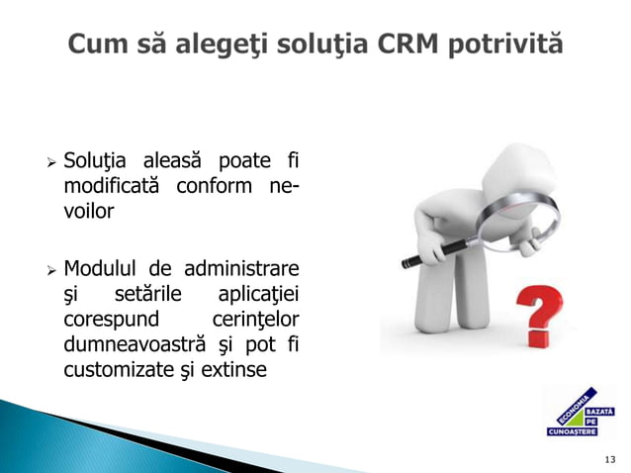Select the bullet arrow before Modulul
48,268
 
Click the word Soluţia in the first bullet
95,160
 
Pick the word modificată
109,186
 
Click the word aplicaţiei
258,293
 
